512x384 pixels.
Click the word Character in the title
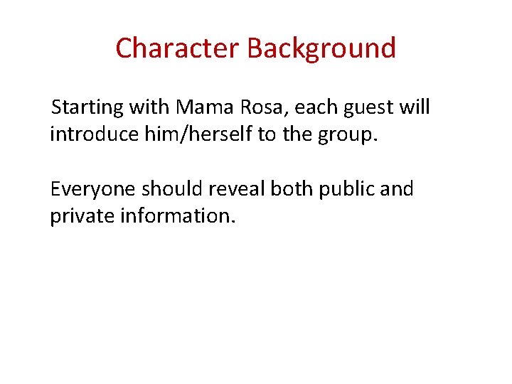tap(177, 48)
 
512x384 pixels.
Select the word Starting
tap(87, 108)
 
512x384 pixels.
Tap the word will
tap(415, 108)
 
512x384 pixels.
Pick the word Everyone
tap(92, 190)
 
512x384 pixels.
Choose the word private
tap(82, 215)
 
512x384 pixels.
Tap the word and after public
tap(397, 190)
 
